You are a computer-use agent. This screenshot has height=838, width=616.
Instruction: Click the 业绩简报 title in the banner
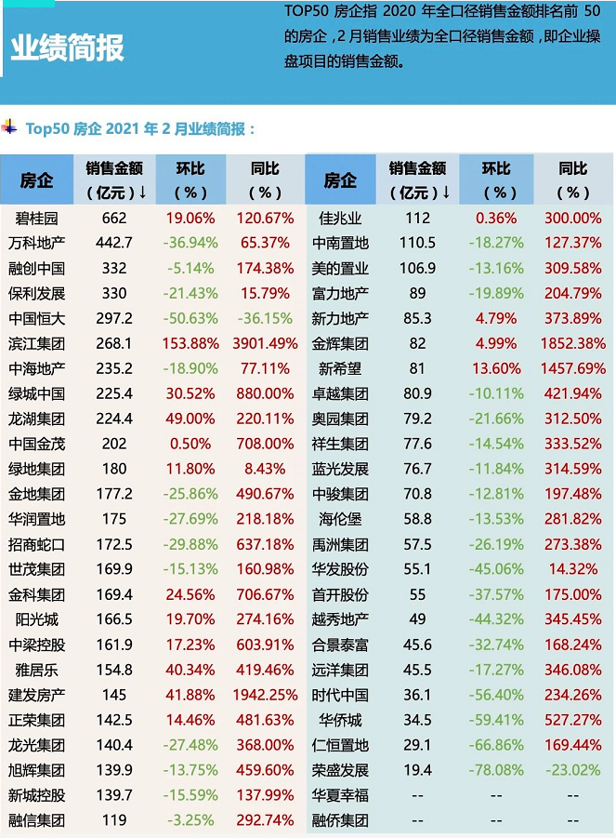point(67,48)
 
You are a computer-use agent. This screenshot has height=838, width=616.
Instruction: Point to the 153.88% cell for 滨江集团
point(190,344)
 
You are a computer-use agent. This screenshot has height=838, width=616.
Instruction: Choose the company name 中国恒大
point(37,319)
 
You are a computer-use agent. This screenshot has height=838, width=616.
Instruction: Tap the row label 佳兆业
point(340,219)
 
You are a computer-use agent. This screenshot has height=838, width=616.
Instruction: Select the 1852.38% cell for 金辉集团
point(572,344)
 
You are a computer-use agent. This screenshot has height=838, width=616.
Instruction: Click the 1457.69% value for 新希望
point(572,369)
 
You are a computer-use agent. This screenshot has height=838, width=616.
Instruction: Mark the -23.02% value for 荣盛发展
point(572,770)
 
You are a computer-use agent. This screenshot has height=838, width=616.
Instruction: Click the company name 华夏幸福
point(340,795)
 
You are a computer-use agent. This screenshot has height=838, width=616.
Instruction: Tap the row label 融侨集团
point(340,820)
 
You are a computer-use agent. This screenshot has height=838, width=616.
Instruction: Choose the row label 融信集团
point(37,820)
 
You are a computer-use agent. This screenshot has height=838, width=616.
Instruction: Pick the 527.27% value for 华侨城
point(572,720)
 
